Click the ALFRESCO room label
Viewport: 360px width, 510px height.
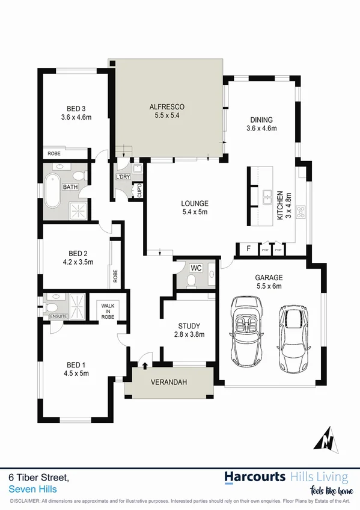166,107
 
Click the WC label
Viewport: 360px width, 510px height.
196,267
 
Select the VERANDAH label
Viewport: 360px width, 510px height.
167,382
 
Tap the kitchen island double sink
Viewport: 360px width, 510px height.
266,196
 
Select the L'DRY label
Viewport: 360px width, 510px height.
124,176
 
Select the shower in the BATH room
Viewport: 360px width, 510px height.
78,209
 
